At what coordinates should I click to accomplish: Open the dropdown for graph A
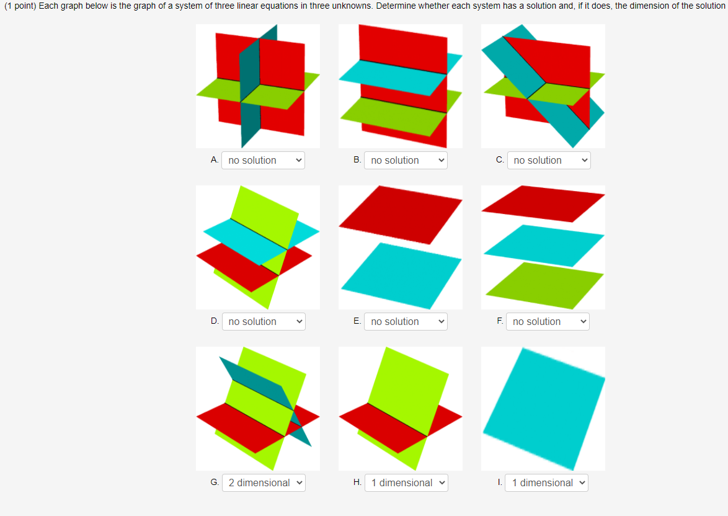pos(263,161)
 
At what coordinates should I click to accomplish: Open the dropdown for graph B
pos(406,161)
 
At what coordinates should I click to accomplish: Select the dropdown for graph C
pos(548,161)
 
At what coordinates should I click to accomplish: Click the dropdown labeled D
pos(263,322)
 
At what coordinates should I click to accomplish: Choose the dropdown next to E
pos(406,322)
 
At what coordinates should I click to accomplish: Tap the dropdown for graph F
pos(548,322)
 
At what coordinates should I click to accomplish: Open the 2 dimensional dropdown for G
pos(263,483)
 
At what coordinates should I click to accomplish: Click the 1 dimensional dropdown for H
pos(406,483)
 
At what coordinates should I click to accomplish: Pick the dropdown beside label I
pos(546,483)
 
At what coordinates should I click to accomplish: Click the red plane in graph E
pos(400,214)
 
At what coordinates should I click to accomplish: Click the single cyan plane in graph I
pos(544,408)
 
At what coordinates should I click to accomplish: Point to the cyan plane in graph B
pos(397,76)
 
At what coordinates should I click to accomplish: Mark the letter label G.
pos(215,483)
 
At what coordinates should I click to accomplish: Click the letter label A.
pos(214,160)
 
